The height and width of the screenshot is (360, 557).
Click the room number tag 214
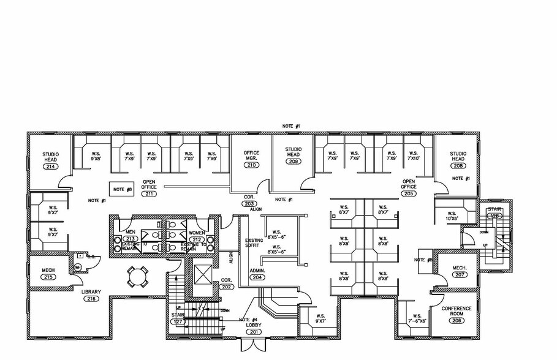pos(50,167)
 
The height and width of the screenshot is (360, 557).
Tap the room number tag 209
pos(294,162)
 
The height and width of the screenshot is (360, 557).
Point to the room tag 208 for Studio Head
pos(458,166)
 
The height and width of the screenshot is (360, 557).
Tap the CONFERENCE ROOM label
pos(457,312)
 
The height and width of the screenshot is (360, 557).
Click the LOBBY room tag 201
pos(253,331)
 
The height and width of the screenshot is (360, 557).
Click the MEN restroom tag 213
pos(130,239)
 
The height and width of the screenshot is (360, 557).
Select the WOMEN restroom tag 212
pos(197,239)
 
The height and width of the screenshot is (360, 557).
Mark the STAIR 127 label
pos(178,318)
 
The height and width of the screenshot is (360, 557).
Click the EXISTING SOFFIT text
pos(253,243)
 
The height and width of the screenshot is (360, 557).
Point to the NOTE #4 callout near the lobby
pos(248,319)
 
